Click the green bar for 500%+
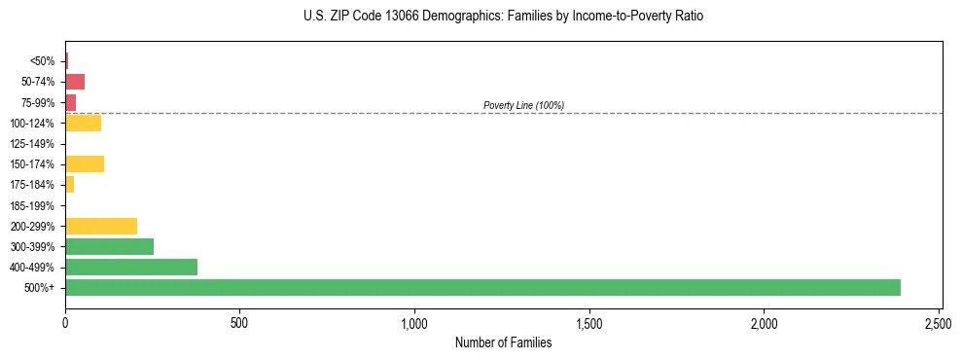[x=482, y=287]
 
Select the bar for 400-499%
[x=131, y=267]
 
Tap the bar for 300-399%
[x=109, y=246]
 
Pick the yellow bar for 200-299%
[x=101, y=226]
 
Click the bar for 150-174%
[x=85, y=163]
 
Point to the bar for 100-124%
[x=83, y=123]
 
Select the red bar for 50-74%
[x=75, y=82]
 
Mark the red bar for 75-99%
[x=70, y=102]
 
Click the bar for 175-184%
[x=69, y=184]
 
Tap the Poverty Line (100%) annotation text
[x=523, y=105]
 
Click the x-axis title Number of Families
[x=504, y=342]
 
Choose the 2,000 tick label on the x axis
[x=765, y=321]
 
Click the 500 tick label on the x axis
[x=239, y=321]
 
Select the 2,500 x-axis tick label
[x=939, y=321]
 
